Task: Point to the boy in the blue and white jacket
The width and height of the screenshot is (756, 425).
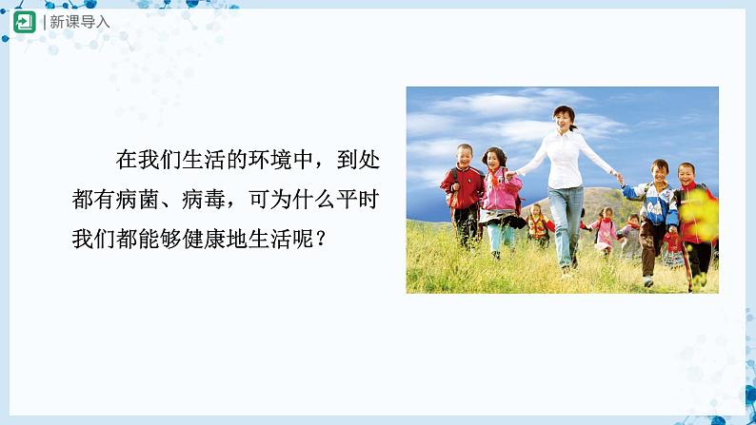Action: click(x=658, y=204)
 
